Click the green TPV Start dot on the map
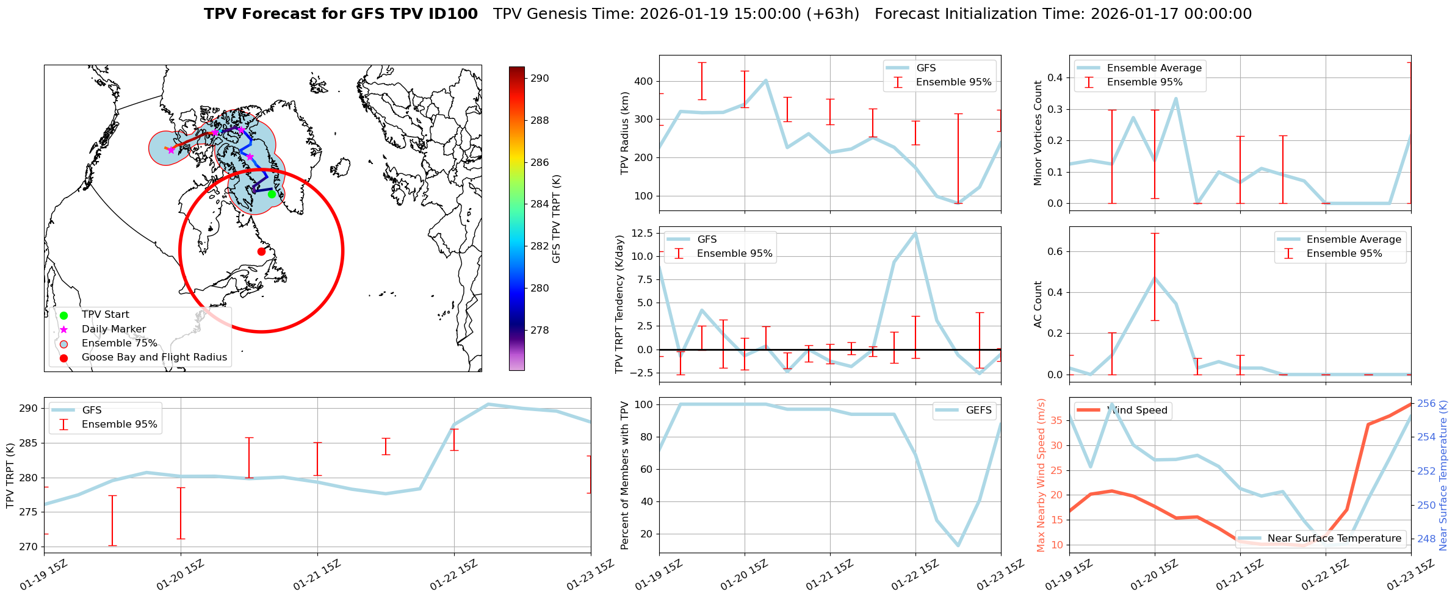[272, 194]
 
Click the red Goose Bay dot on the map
[261, 251]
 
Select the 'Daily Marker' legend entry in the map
[114, 329]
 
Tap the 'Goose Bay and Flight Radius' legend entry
[154, 357]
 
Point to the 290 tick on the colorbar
[540, 78]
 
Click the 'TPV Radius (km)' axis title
[624, 133]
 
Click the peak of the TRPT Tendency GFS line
[915, 232]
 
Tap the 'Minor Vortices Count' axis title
[1038, 133]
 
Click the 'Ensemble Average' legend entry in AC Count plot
[1353, 239]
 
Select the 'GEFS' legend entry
[978, 411]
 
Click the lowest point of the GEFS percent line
[958, 545]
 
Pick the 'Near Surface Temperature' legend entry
[1334, 538]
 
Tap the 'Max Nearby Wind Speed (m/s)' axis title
[1041, 475]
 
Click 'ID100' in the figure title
[451, 14]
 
